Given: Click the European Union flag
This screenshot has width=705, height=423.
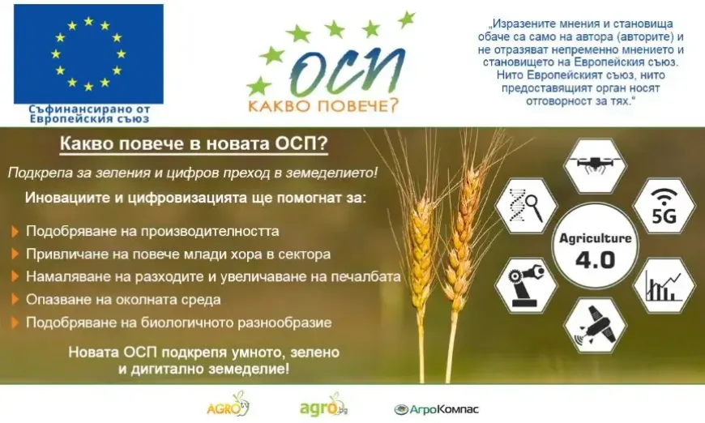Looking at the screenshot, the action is click(88, 54).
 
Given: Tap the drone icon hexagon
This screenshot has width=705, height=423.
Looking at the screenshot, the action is click(595, 166).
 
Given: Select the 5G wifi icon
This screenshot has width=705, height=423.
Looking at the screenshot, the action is click(664, 207).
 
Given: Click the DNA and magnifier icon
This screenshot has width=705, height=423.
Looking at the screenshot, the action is click(526, 207).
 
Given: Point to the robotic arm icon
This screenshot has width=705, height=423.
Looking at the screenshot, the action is click(526, 285).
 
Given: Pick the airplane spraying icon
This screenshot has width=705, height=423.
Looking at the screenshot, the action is click(595, 326).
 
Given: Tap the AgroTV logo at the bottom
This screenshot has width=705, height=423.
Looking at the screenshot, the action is click(228, 404).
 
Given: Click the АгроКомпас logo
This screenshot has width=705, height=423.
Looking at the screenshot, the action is click(436, 409).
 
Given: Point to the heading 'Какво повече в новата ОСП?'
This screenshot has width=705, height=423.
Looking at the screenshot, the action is click(194, 144).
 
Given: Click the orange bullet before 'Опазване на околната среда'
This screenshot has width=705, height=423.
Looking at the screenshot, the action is click(15, 299).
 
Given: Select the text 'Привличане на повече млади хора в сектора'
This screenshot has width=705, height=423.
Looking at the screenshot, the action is click(178, 254).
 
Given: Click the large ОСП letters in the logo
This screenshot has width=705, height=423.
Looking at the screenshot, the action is click(346, 72).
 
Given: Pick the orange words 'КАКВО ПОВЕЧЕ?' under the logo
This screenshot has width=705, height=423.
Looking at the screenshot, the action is click(323, 106).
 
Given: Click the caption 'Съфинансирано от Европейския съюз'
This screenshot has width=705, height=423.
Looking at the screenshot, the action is click(89, 113).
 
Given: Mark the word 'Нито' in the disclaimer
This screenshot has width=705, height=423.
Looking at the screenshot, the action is click(511, 75).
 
